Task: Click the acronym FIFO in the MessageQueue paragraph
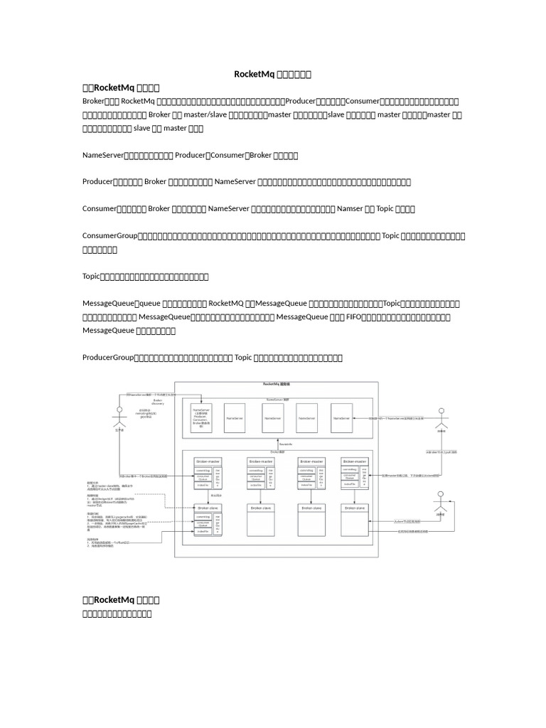(x=353, y=317)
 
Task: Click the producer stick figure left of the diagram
(x=119, y=416)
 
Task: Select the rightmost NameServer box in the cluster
(x=342, y=419)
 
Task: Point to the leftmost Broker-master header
(x=208, y=461)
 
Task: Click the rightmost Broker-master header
(x=355, y=461)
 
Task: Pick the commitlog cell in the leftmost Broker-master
(x=203, y=470)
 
